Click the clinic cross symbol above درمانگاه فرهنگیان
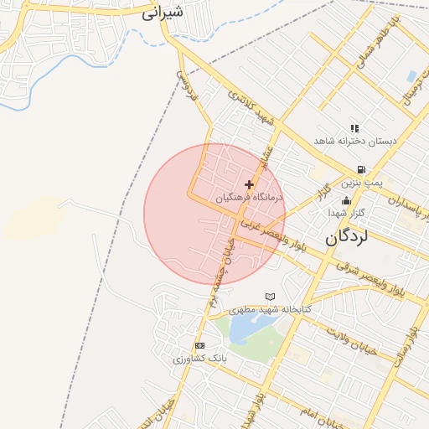(x=249, y=184)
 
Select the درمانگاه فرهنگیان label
(x=250, y=199)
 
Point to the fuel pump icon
(x=360, y=169)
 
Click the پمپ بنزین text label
(x=361, y=182)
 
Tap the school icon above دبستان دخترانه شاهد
(x=354, y=128)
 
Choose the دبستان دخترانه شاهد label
(x=354, y=141)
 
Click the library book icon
(x=270, y=297)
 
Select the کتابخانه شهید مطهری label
(x=270, y=309)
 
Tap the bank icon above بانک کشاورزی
(x=199, y=345)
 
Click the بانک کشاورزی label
(x=199, y=358)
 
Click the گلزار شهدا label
(x=345, y=214)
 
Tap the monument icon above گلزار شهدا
(x=346, y=200)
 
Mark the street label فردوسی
(x=186, y=86)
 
